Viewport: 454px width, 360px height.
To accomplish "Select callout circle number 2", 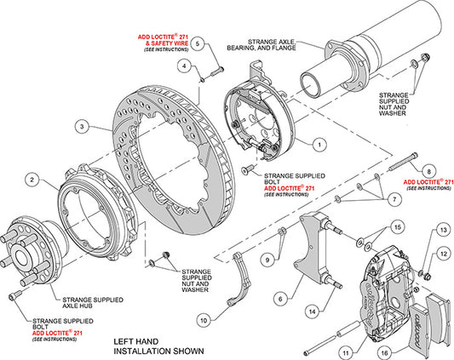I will coord(32,180).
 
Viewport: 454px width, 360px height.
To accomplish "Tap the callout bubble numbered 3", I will coord(82,127).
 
